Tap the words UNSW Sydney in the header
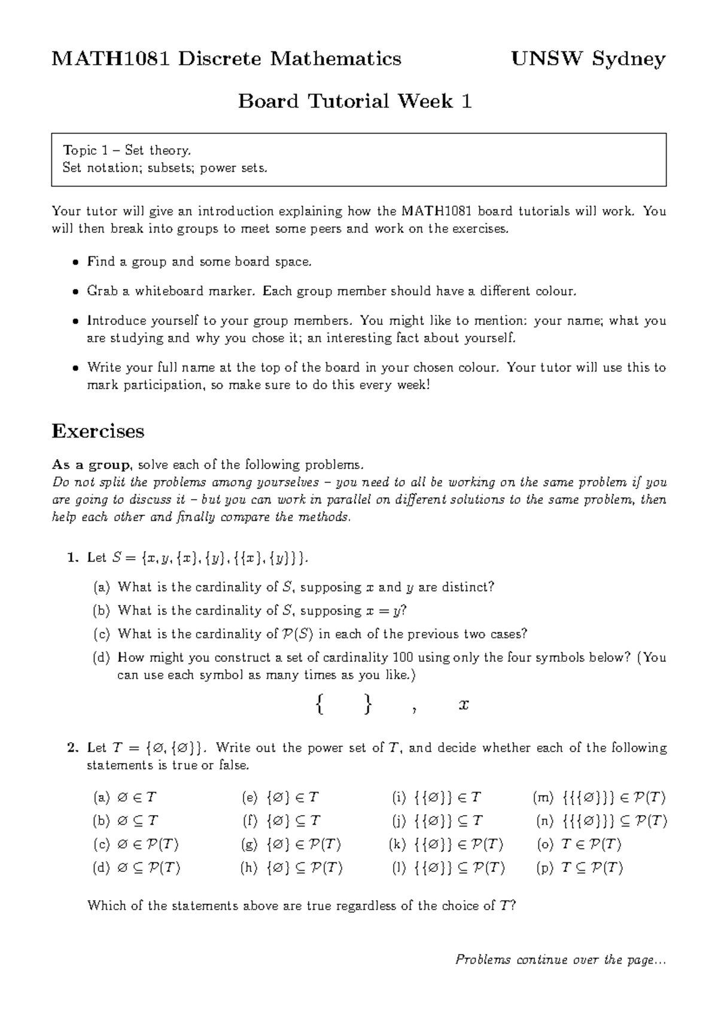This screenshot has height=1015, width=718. pyautogui.click(x=588, y=59)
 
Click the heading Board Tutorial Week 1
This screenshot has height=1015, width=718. pyautogui.click(x=355, y=101)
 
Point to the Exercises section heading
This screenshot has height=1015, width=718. pyautogui.click(x=98, y=431)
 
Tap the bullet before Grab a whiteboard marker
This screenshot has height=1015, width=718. pyautogui.click(x=75, y=292)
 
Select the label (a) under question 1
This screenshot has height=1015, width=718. pyautogui.click(x=102, y=587)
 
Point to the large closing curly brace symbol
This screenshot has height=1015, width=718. pyautogui.click(x=367, y=704)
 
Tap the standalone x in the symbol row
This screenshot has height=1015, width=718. pyautogui.click(x=463, y=705)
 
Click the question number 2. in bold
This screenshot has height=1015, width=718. pyautogui.click(x=73, y=748)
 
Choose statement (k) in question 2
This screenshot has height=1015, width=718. pyautogui.click(x=446, y=844)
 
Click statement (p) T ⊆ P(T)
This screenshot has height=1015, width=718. pyautogui.click(x=580, y=868)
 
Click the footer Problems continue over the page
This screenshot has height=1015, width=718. pyautogui.click(x=560, y=960)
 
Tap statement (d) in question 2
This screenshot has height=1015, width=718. pyautogui.click(x=137, y=868)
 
